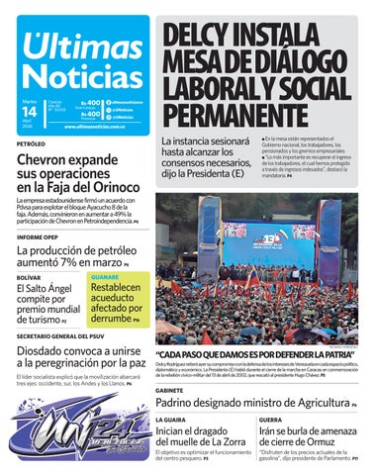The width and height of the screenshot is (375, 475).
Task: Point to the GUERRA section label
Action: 271,421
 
